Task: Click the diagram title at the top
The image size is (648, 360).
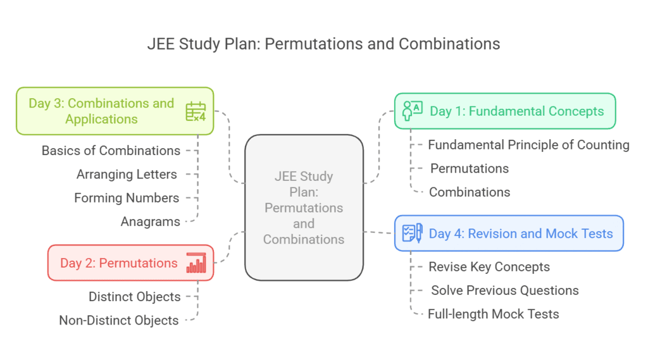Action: click(323, 44)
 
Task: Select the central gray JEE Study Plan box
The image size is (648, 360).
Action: click(304, 208)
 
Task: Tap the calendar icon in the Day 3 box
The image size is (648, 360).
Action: click(196, 111)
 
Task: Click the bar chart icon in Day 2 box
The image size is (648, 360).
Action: click(196, 263)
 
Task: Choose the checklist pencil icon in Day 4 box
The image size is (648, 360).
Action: click(413, 233)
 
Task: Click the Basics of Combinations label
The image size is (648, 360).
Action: click(111, 151)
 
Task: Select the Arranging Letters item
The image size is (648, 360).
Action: click(127, 174)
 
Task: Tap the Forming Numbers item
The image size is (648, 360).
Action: click(127, 198)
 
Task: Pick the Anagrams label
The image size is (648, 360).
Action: click(151, 221)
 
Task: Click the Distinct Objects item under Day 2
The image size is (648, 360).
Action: click(134, 297)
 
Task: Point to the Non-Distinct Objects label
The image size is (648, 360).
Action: click(119, 320)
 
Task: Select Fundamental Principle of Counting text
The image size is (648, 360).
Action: click(528, 145)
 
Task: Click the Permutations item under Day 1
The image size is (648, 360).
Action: click(470, 168)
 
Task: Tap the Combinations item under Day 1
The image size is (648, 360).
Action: click(470, 192)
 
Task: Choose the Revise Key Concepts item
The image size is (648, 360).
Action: click(489, 267)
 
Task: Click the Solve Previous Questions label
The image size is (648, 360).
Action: click(505, 290)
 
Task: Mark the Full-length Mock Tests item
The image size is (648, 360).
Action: click(494, 314)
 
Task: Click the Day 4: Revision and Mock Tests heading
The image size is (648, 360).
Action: click(521, 233)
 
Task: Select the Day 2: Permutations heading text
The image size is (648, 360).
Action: click(119, 263)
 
